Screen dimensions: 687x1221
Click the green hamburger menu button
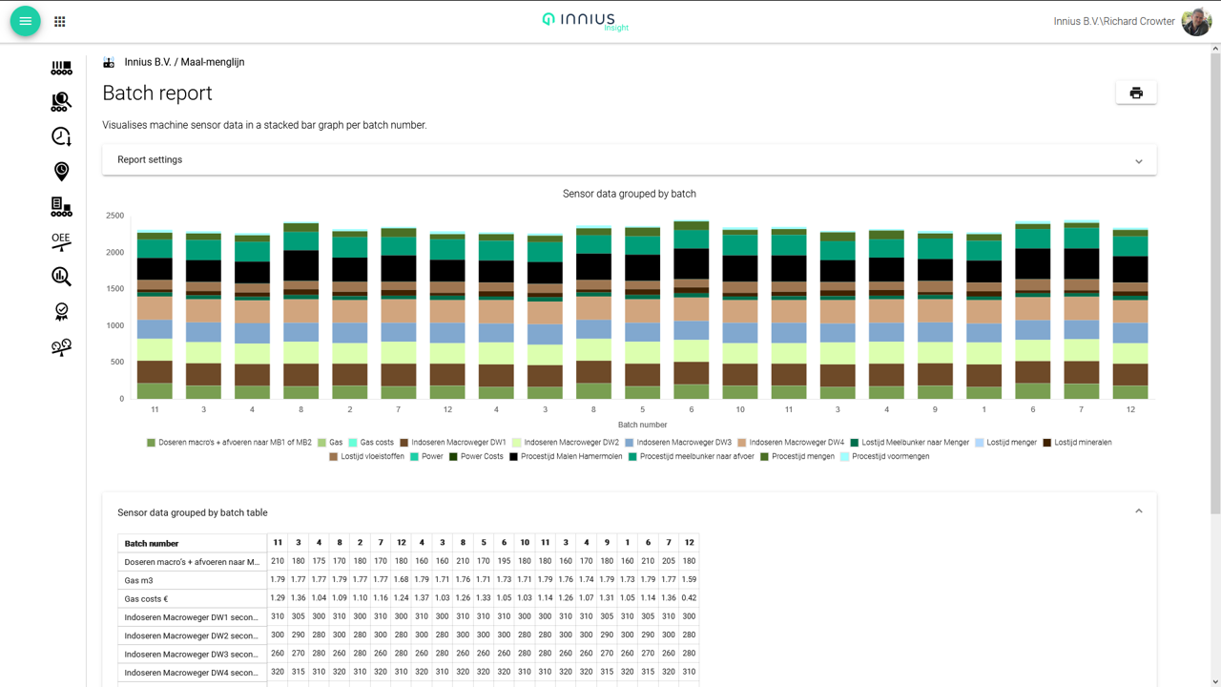pos(26,21)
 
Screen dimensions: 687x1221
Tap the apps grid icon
pos(60,21)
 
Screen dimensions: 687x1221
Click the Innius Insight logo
pos(586,21)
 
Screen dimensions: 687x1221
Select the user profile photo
pos(1196,21)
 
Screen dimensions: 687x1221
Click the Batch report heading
pos(157,94)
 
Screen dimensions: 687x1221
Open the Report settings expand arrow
pos(1138,161)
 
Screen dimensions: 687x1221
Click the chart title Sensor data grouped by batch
pos(629,194)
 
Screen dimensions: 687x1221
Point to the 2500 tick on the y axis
pos(114,216)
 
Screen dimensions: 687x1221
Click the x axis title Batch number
pos(642,425)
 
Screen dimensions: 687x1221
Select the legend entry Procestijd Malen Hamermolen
pos(568,457)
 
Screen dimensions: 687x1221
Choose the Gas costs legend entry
pos(376,443)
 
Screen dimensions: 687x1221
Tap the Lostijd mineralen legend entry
pos(1082,443)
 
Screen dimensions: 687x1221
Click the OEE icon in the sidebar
pos(61,241)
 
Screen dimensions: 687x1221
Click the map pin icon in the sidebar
pos(61,172)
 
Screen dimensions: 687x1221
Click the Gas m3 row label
pos(139,580)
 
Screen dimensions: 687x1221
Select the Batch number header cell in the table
pos(152,544)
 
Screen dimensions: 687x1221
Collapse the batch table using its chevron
pos(1138,512)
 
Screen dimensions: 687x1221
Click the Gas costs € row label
pos(146,599)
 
